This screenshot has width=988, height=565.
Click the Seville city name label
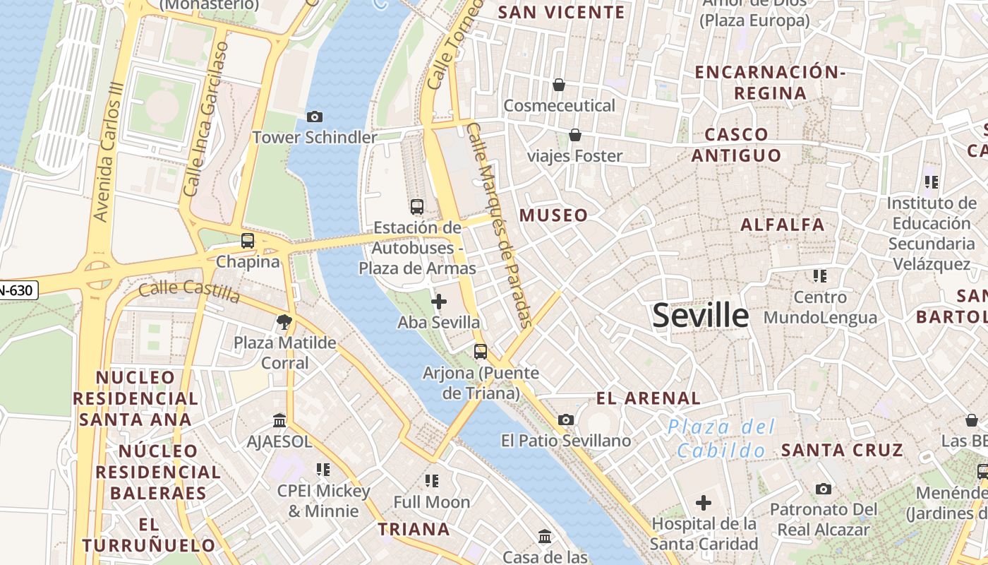(x=700, y=315)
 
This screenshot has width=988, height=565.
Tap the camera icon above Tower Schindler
(x=315, y=117)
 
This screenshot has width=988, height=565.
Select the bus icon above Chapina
(x=248, y=240)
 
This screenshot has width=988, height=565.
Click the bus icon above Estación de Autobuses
(x=417, y=207)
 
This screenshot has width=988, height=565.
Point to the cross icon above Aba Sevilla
(x=439, y=302)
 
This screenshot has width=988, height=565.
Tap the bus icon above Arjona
(x=481, y=351)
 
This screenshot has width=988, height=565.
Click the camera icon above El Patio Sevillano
(x=565, y=420)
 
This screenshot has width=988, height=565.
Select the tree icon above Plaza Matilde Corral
(x=284, y=323)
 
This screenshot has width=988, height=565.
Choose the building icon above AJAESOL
(x=279, y=421)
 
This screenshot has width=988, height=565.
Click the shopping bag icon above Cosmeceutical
(x=559, y=85)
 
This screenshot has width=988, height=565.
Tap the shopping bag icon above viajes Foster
(x=575, y=135)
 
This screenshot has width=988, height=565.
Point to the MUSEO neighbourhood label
(x=554, y=215)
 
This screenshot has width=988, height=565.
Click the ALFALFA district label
(x=782, y=225)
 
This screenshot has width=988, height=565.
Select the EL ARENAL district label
(x=649, y=398)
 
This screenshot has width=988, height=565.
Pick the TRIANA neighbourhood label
(x=414, y=529)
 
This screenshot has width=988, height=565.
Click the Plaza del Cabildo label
(x=721, y=439)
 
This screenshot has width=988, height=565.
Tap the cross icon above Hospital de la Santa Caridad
(x=704, y=503)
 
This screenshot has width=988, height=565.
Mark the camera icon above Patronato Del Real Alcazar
(x=823, y=489)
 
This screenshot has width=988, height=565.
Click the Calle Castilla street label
(x=189, y=290)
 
